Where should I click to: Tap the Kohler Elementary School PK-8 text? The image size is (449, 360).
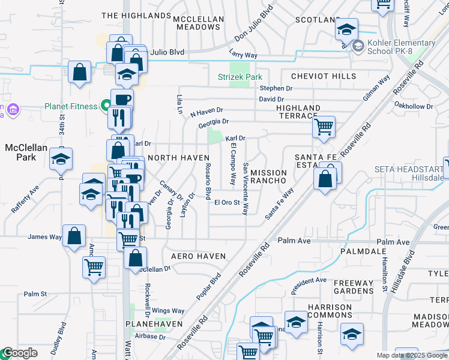pos(402,47)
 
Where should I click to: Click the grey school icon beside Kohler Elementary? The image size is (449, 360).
pos(358,46)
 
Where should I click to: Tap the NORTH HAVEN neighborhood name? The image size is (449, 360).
pos(178,157)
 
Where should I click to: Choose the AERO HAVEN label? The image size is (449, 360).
pos(198,256)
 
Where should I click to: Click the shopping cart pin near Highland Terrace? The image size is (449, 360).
pos(324,127)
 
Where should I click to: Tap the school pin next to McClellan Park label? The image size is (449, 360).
pos(61,159)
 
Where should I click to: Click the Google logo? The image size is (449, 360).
pos(20,353)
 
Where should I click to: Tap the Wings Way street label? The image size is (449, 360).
pos(168,311)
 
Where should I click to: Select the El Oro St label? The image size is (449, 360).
pos(228,202)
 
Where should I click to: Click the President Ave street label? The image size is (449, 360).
pos(309,284)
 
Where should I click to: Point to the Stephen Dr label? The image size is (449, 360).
pos(276,88)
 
